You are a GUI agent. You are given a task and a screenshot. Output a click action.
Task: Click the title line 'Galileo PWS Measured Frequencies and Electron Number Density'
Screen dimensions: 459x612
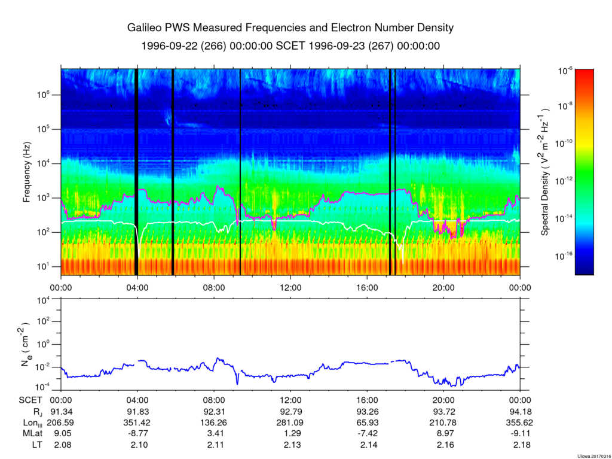tap(290, 28)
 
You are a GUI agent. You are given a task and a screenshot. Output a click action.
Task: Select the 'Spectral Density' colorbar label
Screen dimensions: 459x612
tap(545, 173)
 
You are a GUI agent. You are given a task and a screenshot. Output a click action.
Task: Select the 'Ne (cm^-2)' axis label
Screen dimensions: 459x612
tap(27, 346)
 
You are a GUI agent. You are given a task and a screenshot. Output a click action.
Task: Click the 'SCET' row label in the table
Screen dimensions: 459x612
tap(30, 401)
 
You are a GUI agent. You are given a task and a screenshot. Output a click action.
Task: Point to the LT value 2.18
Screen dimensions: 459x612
tap(520, 444)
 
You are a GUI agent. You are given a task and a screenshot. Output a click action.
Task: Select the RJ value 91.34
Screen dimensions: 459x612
tap(61, 412)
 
